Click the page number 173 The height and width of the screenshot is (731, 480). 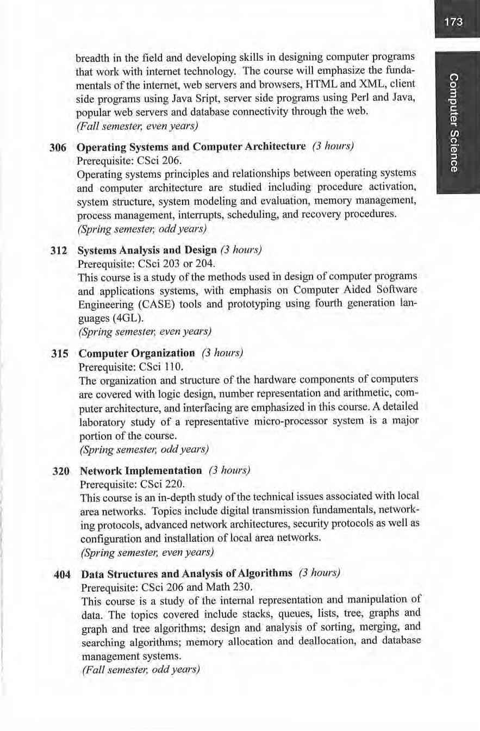pos(453,22)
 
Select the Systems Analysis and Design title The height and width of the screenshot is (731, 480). pos(147,251)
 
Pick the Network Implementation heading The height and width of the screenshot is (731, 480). pos(141,470)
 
